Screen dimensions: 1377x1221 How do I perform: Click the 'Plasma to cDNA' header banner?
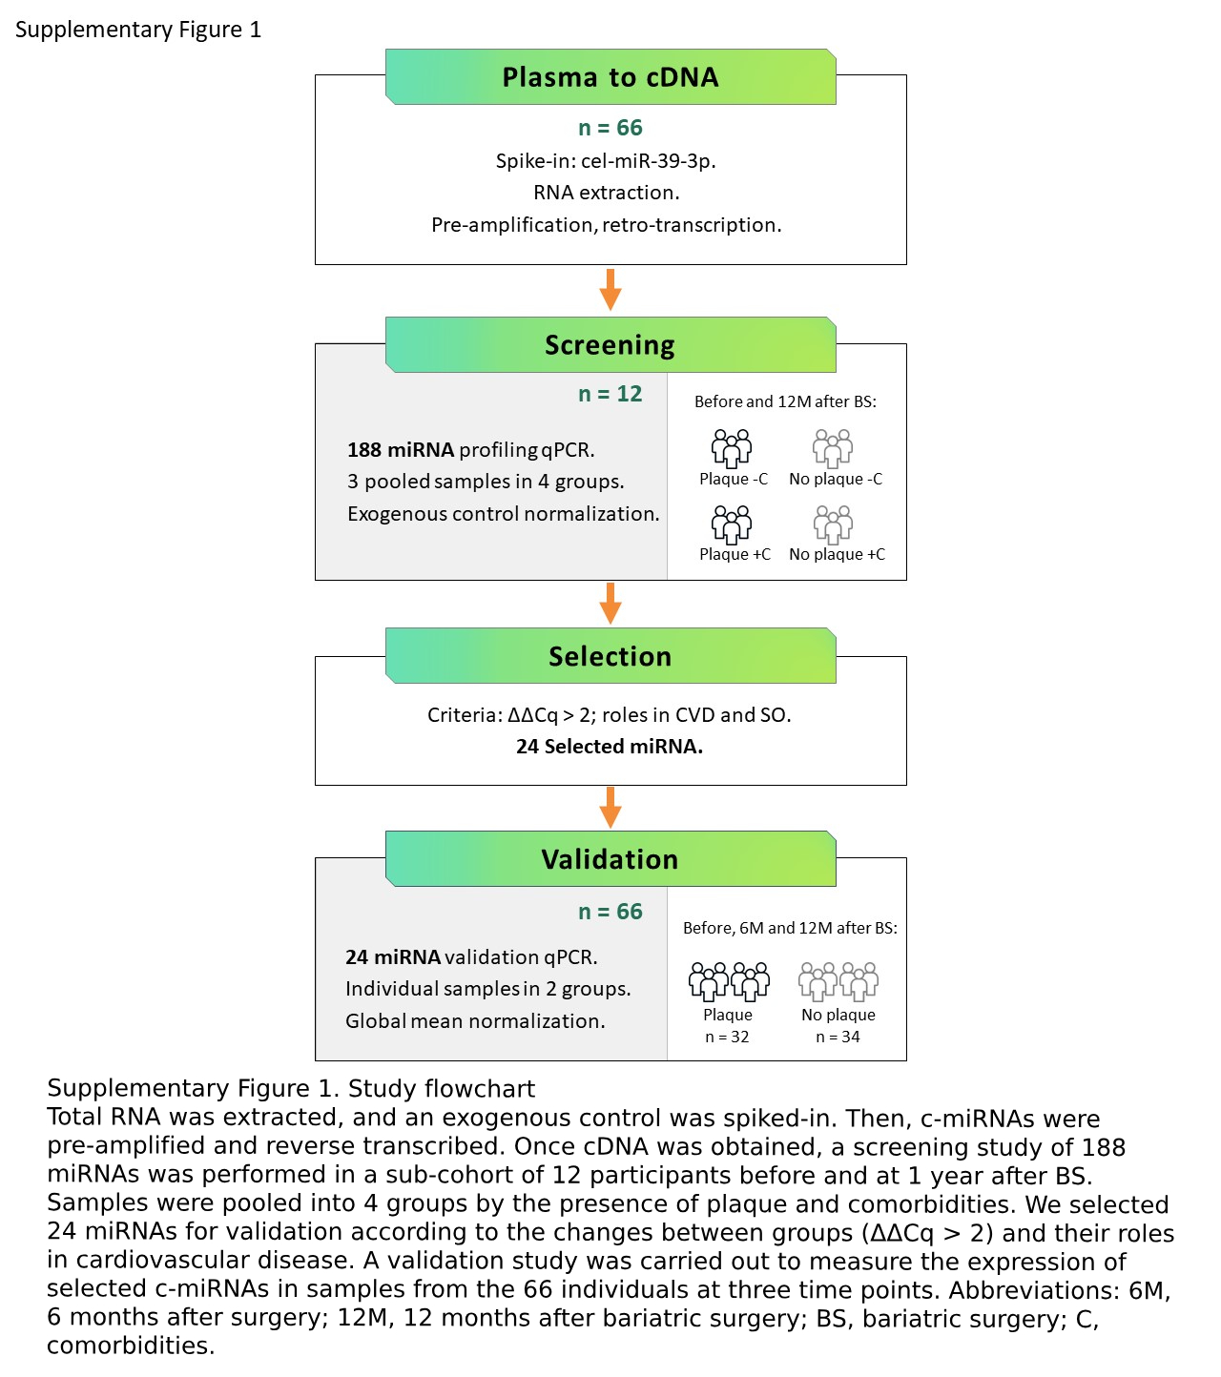610,77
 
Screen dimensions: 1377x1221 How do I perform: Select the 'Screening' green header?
610,345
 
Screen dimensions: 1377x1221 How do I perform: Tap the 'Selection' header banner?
610,656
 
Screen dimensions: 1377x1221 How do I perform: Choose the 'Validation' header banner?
610,859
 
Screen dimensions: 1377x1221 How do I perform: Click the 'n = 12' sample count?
610,394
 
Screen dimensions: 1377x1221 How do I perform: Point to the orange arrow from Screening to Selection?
610,603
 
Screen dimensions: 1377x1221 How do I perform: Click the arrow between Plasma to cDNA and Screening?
610,289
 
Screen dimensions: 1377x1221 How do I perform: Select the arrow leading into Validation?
610,807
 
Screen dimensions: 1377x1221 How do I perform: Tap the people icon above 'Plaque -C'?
732,447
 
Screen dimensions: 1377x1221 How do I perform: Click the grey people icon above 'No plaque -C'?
833,447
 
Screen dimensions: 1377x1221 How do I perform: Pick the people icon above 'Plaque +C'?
732,524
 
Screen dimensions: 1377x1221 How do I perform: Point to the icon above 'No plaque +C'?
833,524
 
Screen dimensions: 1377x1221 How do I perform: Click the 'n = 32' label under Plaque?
727,1037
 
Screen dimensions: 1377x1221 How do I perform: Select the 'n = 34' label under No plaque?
838,1037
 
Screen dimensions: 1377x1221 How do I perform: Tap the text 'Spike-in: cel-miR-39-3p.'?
606,160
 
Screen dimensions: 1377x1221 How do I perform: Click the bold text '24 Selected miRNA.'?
610,747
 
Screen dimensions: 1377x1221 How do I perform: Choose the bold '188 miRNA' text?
401,449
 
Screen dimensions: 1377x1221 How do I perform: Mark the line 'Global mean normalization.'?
475,1020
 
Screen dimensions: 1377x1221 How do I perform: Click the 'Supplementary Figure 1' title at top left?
138,30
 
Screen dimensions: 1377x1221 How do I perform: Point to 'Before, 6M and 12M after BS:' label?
790,928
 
